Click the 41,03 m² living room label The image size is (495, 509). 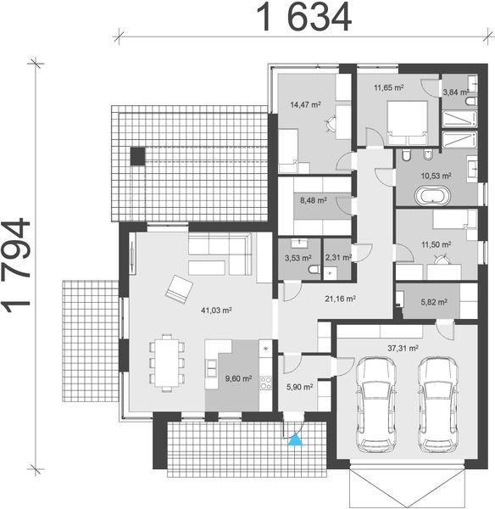(x=217, y=311)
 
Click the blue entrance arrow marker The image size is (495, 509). (x=295, y=439)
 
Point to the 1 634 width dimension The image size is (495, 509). (x=300, y=16)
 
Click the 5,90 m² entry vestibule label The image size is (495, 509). (x=300, y=387)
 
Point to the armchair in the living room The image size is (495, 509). (x=179, y=288)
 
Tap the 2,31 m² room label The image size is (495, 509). (x=339, y=256)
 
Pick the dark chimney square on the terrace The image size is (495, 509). (x=136, y=155)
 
